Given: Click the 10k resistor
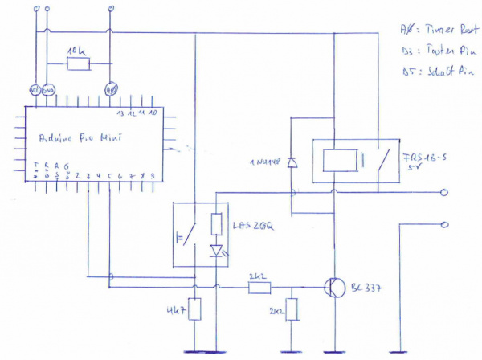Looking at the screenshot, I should pyautogui.click(x=79, y=63).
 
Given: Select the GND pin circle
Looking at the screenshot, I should pyautogui.click(x=47, y=90).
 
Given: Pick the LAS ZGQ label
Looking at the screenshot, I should pyautogui.click(x=254, y=227).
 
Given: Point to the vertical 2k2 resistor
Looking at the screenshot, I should pyautogui.click(x=292, y=310).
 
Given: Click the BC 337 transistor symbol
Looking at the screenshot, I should pyautogui.click(x=332, y=287).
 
